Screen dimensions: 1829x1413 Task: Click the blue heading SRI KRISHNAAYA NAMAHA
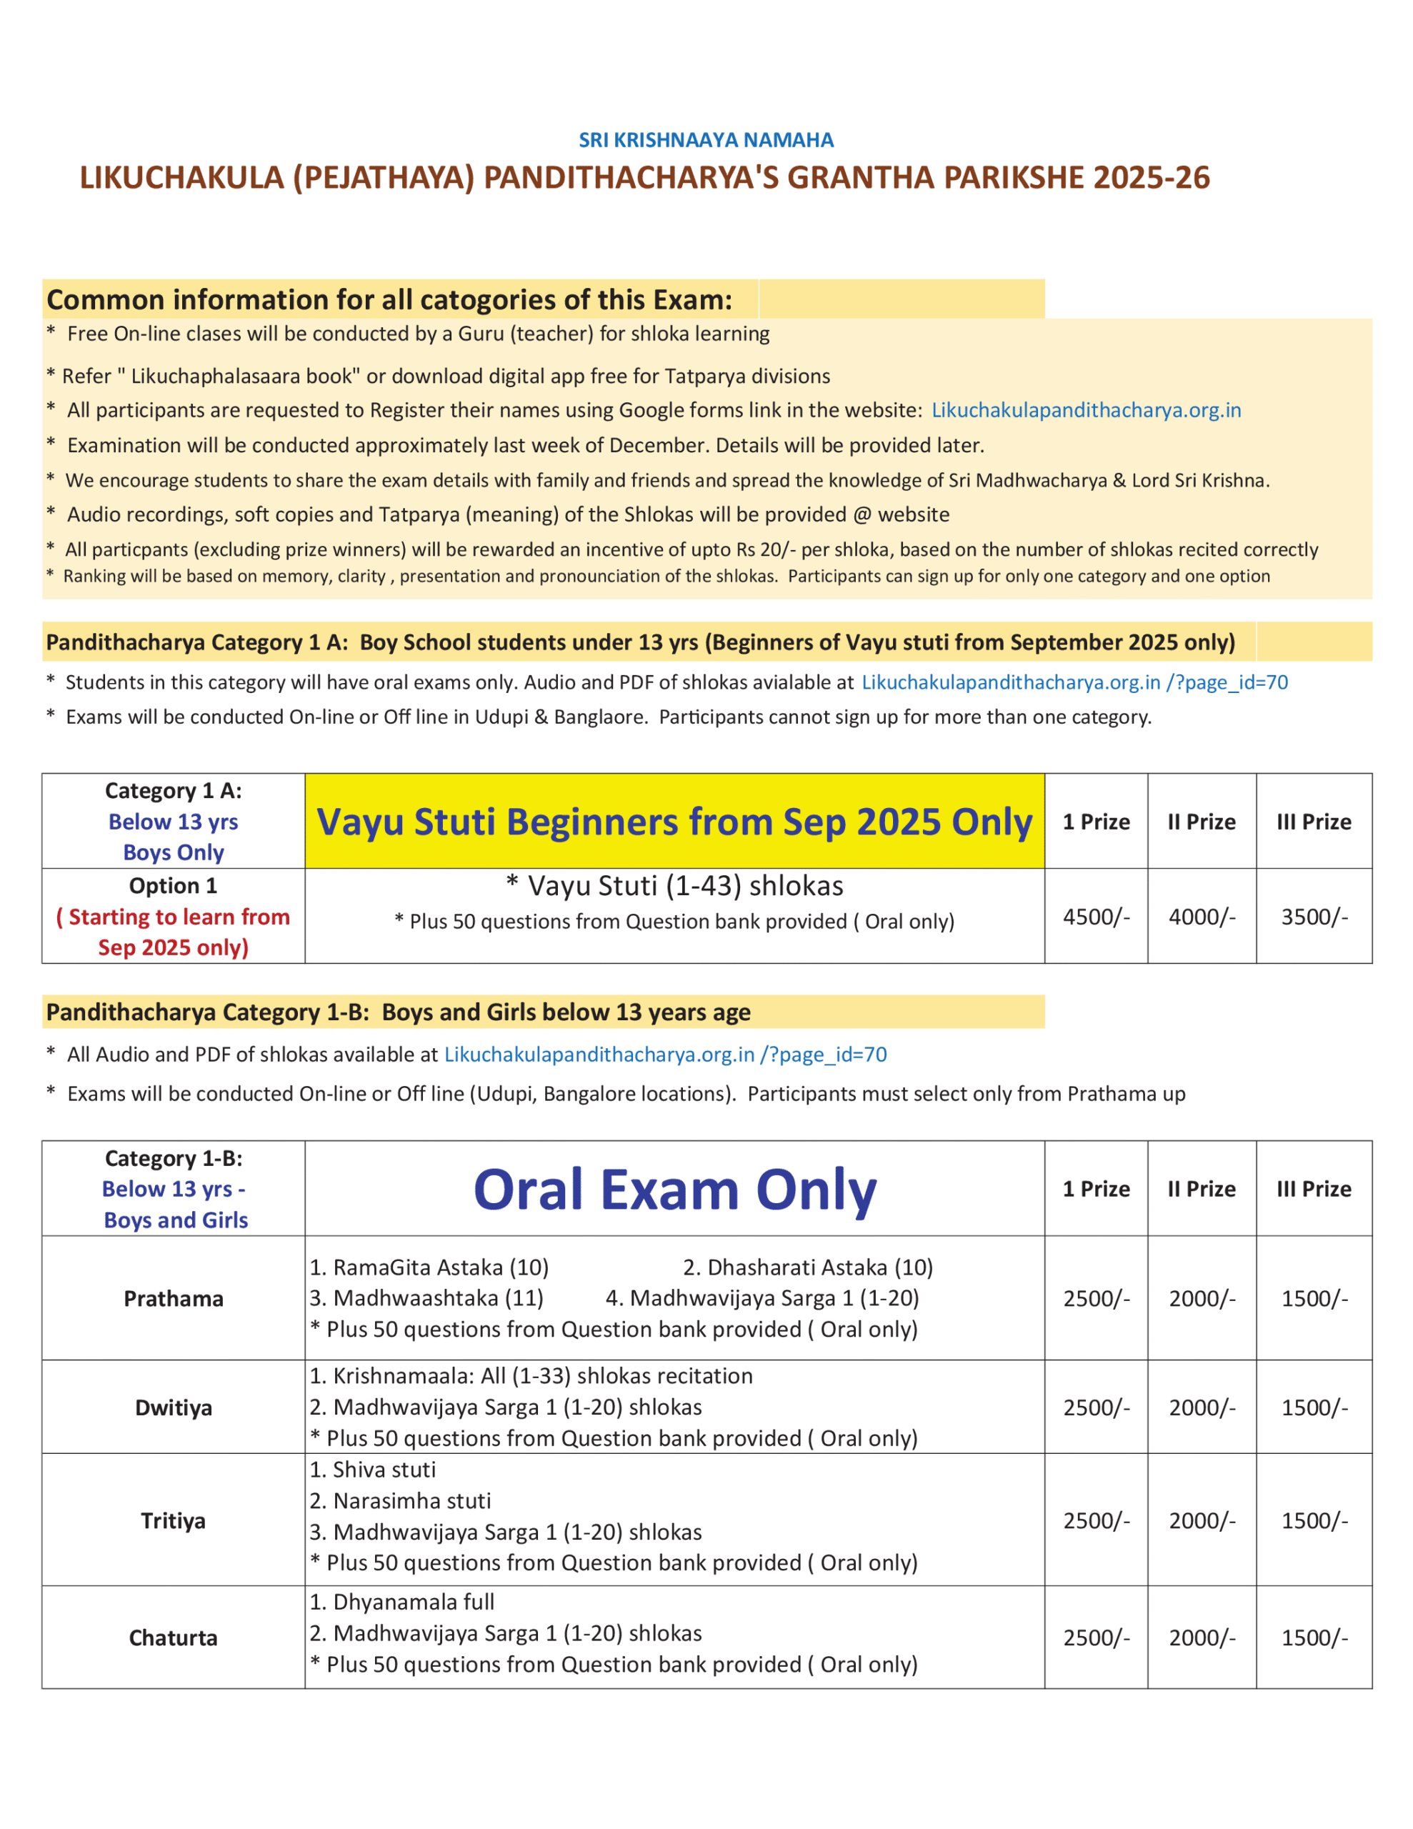point(705,140)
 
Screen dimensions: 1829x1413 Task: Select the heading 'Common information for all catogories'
point(389,300)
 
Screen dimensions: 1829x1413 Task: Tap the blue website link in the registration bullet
point(1086,410)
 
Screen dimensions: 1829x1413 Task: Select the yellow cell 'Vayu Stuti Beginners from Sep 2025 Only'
point(674,822)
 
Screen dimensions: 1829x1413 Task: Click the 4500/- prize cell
point(1096,917)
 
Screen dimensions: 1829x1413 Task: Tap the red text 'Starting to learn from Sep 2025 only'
point(174,932)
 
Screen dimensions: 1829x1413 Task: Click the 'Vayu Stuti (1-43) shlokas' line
point(674,886)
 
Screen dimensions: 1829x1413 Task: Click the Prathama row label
point(174,1299)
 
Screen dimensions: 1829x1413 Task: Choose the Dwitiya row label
point(174,1407)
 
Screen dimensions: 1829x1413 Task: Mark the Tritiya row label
point(174,1521)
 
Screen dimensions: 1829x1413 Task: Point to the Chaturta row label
point(174,1638)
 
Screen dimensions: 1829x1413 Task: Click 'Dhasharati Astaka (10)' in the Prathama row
point(807,1268)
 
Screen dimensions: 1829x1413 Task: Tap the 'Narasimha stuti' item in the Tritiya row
point(400,1501)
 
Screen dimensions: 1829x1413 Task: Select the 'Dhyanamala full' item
point(402,1602)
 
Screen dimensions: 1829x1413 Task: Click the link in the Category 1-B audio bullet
point(665,1055)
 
